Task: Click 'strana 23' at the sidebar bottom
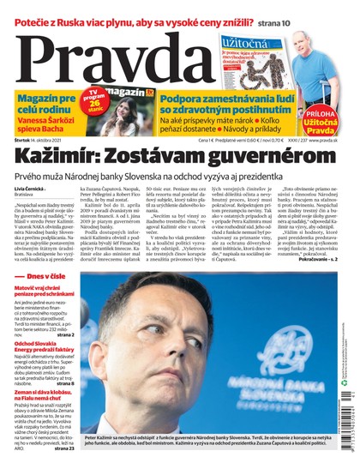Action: pos(63,448)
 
